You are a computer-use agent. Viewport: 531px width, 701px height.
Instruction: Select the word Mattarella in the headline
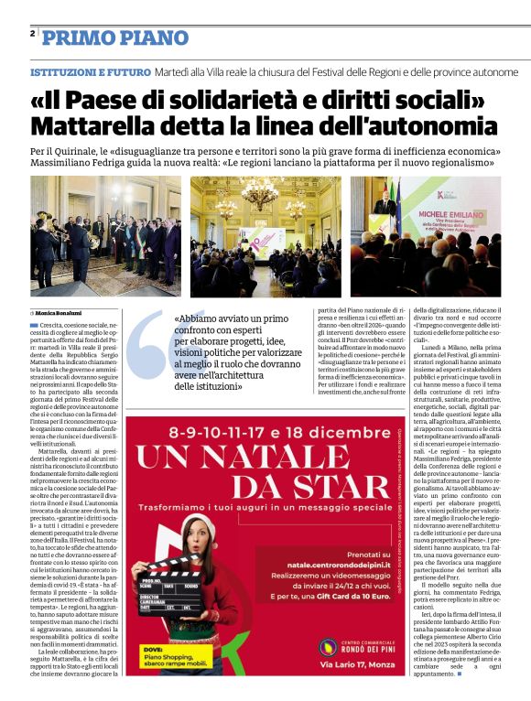tap(114, 124)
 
